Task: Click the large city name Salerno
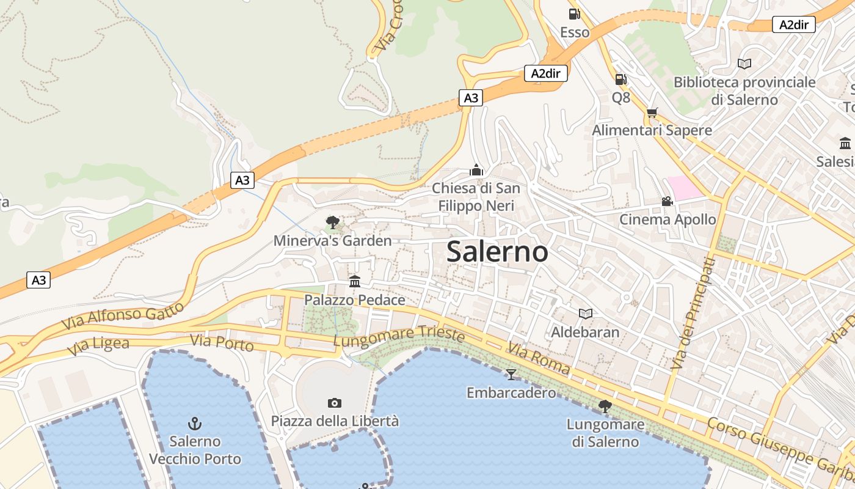pyautogui.click(x=497, y=252)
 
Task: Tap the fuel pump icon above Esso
pyautogui.click(x=574, y=14)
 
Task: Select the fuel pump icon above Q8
pyautogui.click(x=620, y=79)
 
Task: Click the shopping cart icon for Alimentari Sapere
pyautogui.click(x=652, y=112)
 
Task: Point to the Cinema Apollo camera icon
pyautogui.click(x=667, y=201)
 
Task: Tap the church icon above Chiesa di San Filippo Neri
pyautogui.click(x=476, y=170)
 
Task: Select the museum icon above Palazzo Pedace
pyautogui.click(x=355, y=281)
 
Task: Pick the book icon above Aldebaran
pyautogui.click(x=585, y=314)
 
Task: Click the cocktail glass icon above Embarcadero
pyautogui.click(x=511, y=374)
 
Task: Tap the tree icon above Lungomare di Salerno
pyautogui.click(x=605, y=406)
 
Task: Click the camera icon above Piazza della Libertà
pyautogui.click(x=334, y=403)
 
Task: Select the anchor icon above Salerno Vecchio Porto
pyautogui.click(x=195, y=423)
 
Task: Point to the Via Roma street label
pyautogui.click(x=538, y=359)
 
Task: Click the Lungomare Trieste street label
pyautogui.click(x=399, y=336)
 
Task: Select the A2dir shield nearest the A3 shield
pyautogui.click(x=546, y=74)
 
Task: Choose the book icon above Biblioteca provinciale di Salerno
pyautogui.click(x=744, y=64)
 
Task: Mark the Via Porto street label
pyautogui.click(x=222, y=344)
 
